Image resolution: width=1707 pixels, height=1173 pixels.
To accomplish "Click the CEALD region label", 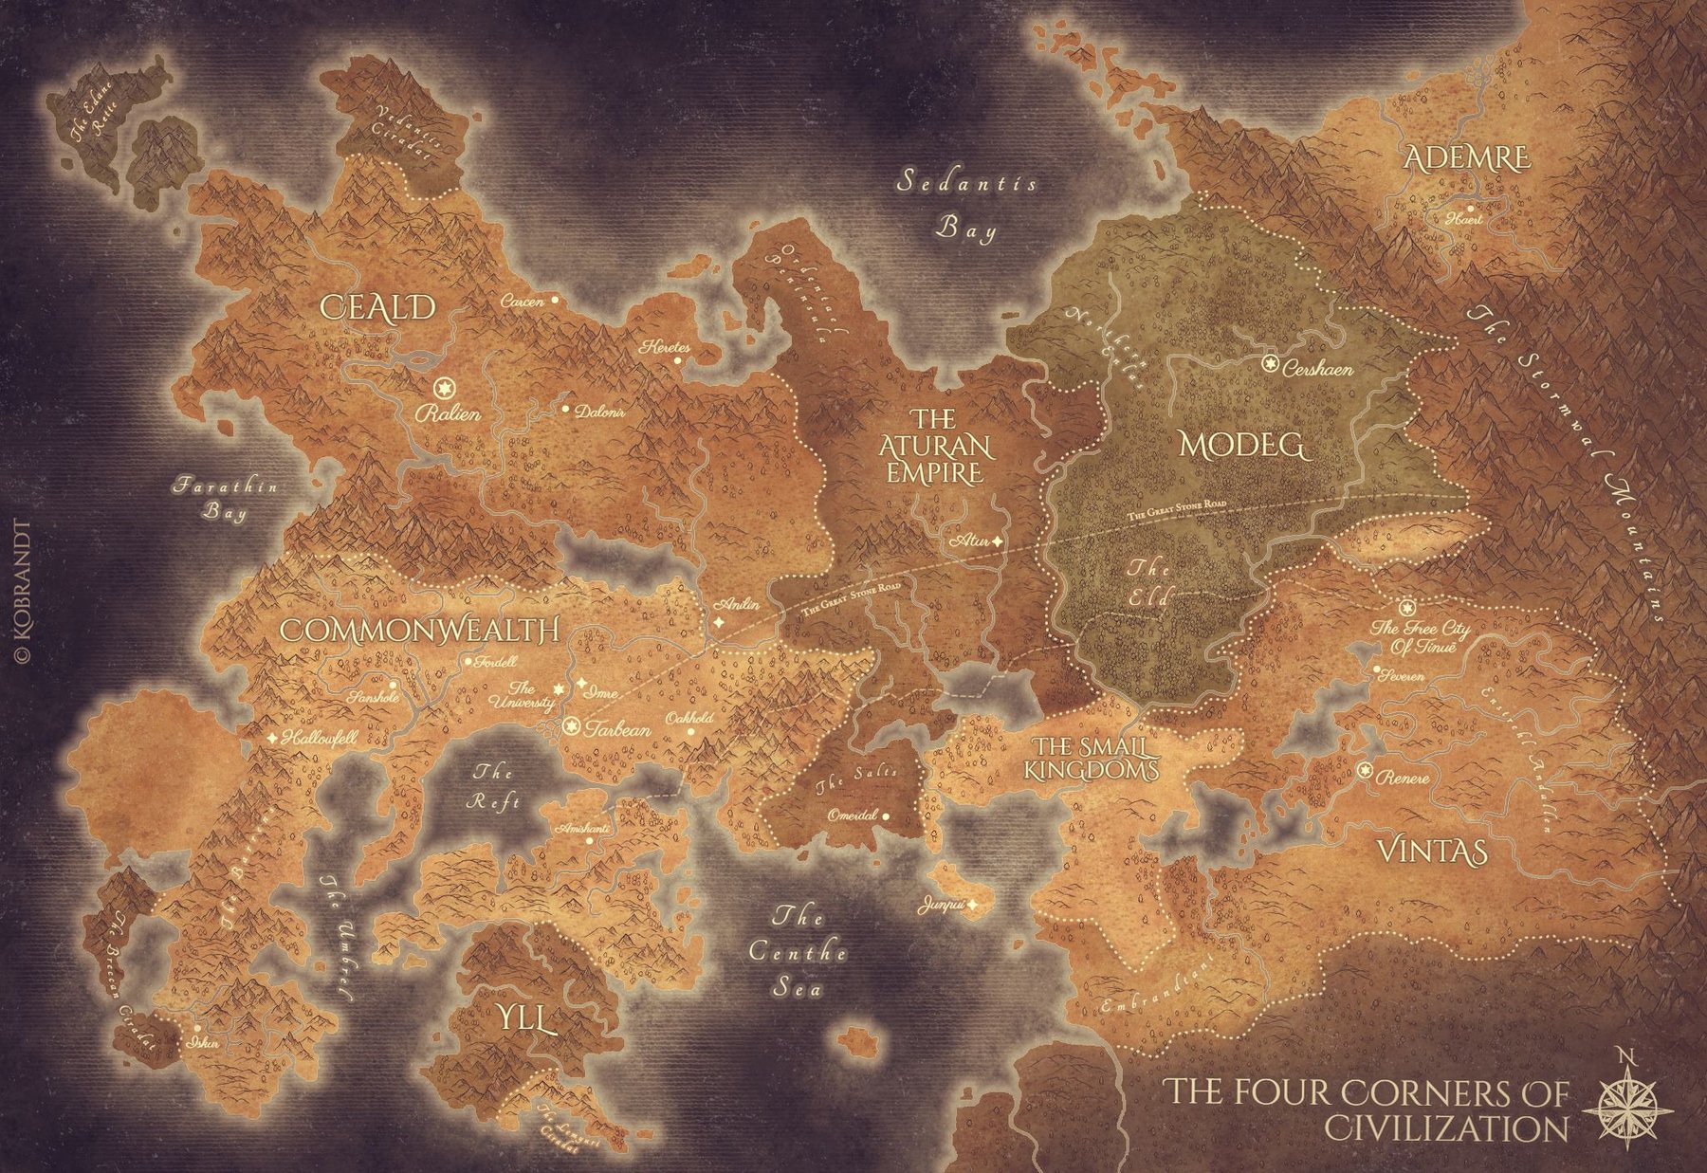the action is (377, 307).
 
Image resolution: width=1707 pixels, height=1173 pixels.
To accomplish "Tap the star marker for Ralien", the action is (441, 388).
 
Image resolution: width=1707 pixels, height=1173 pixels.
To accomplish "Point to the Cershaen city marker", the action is (1270, 362).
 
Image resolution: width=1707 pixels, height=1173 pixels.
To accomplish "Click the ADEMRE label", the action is (1466, 158).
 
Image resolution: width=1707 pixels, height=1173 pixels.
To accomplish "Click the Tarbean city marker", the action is (571, 727).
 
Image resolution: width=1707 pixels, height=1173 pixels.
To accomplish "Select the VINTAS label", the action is (1431, 851).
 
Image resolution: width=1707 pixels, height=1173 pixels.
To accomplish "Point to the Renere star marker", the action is (1365, 770).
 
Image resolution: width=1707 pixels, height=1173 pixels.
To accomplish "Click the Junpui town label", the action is (941, 907).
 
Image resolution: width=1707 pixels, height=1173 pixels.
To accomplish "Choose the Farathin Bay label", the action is (225, 499).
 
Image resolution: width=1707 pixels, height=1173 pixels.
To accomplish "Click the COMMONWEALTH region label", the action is (419, 631).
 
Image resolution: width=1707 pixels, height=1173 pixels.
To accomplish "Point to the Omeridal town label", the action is (853, 816).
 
